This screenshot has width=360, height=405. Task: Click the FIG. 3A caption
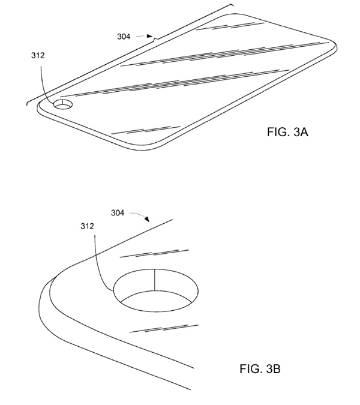[287, 132]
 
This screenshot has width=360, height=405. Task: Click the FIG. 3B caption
[260, 368]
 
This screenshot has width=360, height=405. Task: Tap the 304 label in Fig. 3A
[124, 37]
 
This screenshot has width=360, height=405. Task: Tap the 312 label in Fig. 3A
[38, 55]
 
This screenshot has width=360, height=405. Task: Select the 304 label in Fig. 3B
[118, 213]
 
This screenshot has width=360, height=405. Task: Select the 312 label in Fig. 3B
[87, 226]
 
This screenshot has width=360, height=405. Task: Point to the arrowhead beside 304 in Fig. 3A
[149, 36]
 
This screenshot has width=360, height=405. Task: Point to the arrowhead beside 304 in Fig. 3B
[147, 219]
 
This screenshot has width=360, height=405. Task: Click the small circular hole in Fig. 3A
[63, 104]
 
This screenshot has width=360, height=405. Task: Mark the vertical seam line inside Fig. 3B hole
[154, 280]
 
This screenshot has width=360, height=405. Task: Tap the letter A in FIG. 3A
[304, 132]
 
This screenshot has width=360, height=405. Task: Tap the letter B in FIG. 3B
[277, 368]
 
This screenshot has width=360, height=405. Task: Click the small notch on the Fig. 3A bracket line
[155, 40]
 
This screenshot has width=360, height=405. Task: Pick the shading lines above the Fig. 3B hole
[154, 254]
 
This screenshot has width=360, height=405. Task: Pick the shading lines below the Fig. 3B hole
[164, 329]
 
